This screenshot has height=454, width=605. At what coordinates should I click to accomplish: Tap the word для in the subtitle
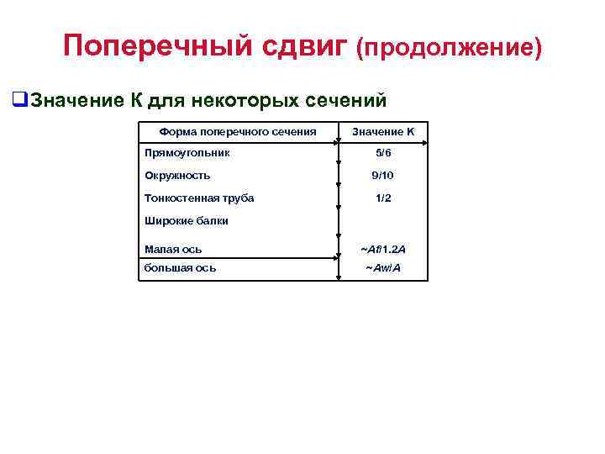(x=166, y=102)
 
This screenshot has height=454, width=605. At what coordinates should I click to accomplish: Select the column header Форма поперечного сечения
(x=238, y=131)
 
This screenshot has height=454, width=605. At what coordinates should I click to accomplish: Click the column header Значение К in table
(x=382, y=132)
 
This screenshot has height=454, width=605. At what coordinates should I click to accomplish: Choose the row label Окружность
(x=177, y=176)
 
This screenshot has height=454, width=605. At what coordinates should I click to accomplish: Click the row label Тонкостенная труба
(x=199, y=198)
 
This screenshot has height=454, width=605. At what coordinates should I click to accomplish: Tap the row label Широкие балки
(x=186, y=221)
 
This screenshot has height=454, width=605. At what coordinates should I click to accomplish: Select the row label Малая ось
(x=173, y=249)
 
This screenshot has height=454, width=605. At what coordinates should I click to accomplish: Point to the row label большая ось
(x=180, y=268)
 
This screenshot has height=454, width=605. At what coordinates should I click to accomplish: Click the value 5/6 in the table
(x=382, y=154)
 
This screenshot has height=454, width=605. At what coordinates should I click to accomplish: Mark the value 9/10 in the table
(x=382, y=176)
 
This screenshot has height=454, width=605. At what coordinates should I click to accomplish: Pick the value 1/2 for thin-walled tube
(x=382, y=198)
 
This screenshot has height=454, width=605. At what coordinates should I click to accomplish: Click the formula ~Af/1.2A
(x=382, y=250)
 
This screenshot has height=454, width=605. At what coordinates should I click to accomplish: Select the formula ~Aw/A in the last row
(x=382, y=268)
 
